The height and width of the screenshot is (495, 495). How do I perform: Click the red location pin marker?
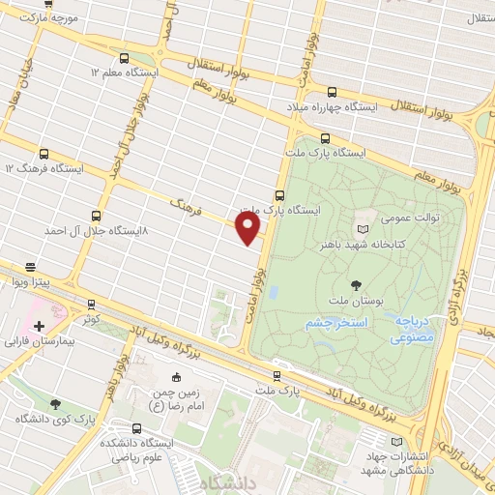tap(248, 227)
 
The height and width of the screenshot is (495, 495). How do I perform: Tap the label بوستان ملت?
tap(357, 301)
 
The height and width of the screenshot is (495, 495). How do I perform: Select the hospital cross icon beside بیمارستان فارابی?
tap(39, 326)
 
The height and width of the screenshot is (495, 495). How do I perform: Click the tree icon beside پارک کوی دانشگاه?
tap(54, 403)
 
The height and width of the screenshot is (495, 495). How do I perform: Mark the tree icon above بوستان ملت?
tap(357, 284)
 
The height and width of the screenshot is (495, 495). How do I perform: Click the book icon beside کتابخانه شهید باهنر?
tap(363, 229)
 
